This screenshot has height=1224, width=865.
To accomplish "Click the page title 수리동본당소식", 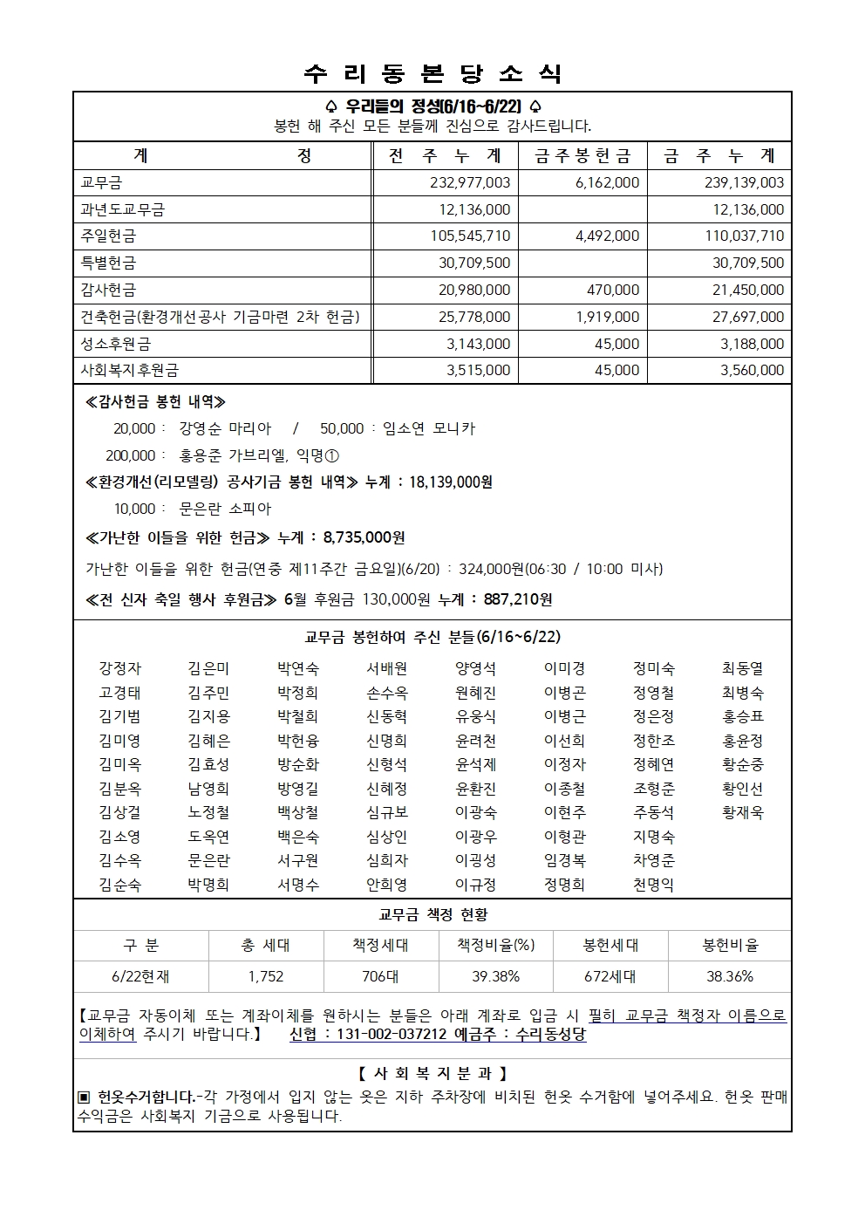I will point(432,73).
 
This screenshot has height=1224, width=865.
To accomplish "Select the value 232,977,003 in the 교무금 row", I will point(470,182).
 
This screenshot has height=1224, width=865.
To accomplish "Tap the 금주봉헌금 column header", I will point(582,156).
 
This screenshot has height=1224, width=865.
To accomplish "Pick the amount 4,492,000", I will point(607,236).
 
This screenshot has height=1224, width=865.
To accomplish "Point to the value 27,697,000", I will point(747,317).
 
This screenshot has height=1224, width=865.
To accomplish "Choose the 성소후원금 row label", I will point(115,344).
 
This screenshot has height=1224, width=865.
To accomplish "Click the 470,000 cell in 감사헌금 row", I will point(613,290).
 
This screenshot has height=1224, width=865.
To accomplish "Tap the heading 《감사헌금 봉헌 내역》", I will point(155,402).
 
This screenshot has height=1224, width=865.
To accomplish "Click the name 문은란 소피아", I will point(225,509).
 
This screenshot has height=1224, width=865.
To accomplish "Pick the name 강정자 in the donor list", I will point(119,668).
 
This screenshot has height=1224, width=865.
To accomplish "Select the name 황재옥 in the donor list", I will point(742,812).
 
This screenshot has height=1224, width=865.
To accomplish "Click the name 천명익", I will point(653,885).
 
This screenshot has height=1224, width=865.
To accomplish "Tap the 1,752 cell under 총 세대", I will point(265,976).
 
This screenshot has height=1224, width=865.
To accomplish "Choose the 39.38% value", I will point(495,976).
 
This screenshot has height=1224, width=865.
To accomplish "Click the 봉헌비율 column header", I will point(730,945).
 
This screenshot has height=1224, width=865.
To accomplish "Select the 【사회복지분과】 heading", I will point(432,1073).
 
